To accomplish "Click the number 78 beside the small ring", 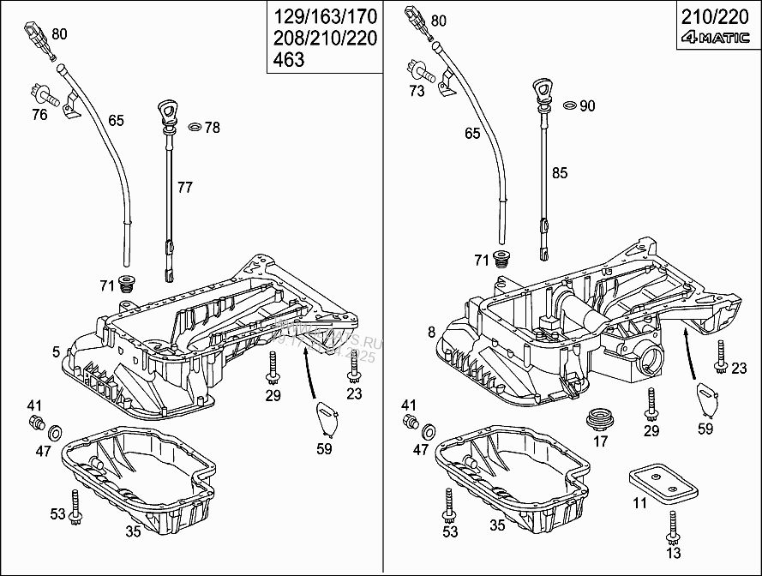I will click(x=212, y=128).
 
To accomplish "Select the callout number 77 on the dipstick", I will click(x=186, y=186).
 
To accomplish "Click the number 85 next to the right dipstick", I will click(x=560, y=173).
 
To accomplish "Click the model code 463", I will click(x=289, y=60).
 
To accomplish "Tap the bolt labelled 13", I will click(x=673, y=522).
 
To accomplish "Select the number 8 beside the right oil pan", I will click(x=430, y=331).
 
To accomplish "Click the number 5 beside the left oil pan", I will click(x=56, y=351).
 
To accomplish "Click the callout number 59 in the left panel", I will click(x=325, y=447).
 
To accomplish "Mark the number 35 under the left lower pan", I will click(x=133, y=531).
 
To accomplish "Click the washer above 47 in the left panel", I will click(x=55, y=430).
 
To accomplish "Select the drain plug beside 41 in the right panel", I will click(x=410, y=420).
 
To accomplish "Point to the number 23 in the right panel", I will click(x=741, y=369).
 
